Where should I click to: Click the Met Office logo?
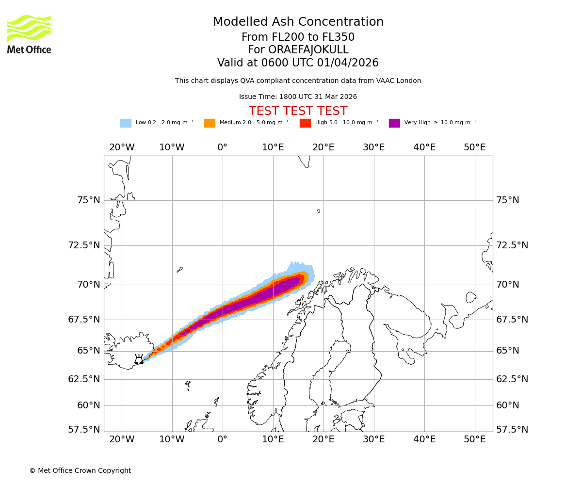29,34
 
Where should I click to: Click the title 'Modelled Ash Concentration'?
298,22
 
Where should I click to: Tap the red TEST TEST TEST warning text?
298,111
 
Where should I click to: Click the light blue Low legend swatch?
126,123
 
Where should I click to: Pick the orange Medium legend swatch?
210,123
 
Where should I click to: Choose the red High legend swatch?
305,123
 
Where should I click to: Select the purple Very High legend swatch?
394,123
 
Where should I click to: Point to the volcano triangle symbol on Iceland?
139,360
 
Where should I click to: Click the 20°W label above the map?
121,147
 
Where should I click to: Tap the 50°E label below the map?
474,439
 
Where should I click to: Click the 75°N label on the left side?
88,200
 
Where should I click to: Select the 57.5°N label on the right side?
512,430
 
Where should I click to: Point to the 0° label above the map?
222,147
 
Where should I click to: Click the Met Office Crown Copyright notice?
80,471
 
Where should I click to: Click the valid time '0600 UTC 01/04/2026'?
318,63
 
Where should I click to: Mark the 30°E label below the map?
373,439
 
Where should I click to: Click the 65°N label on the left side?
88,351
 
